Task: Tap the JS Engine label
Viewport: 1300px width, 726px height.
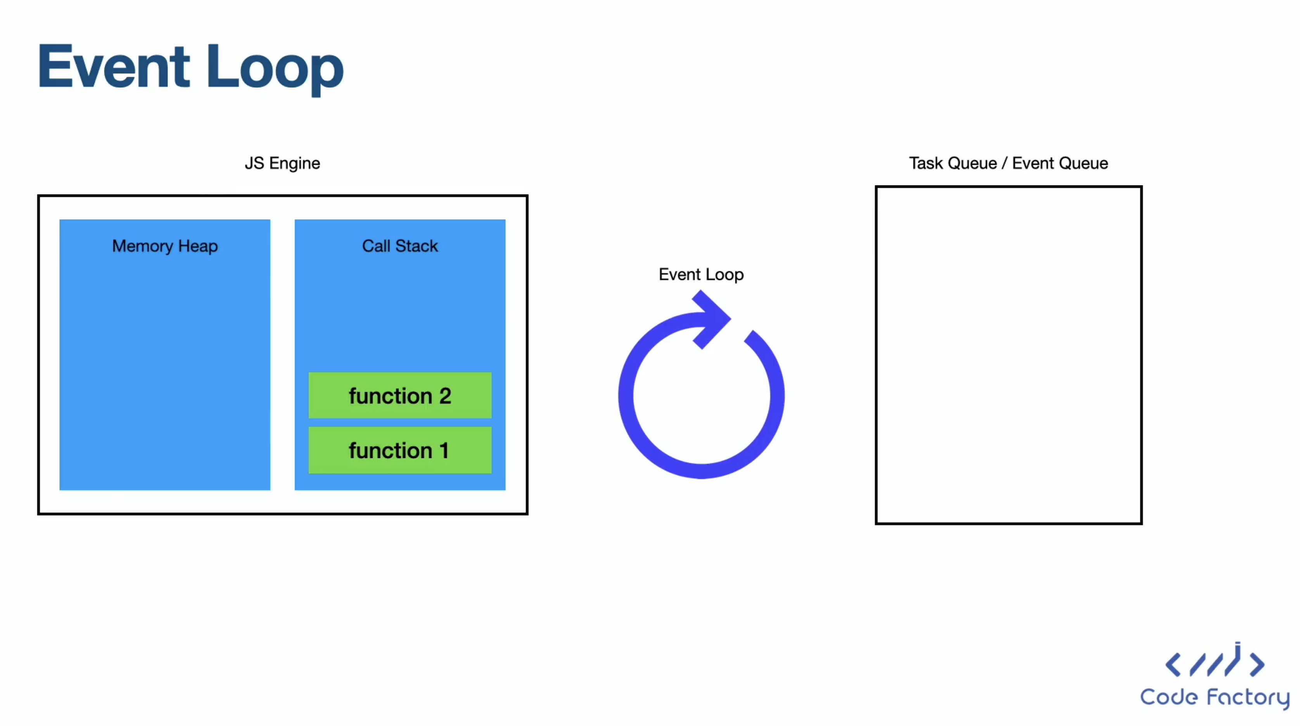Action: pos(282,163)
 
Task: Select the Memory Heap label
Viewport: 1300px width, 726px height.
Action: pos(165,246)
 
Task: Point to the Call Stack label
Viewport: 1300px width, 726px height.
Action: pos(400,246)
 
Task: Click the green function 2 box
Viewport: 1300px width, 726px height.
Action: pos(400,396)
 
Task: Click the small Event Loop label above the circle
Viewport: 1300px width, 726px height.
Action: pos(701,275)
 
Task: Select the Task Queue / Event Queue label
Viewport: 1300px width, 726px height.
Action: pos(1008,163)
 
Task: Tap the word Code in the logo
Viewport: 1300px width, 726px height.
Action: pos(1169,697)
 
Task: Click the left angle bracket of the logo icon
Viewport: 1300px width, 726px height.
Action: pos(1173,664)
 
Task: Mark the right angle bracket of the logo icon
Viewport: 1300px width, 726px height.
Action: pos(1257,664)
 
